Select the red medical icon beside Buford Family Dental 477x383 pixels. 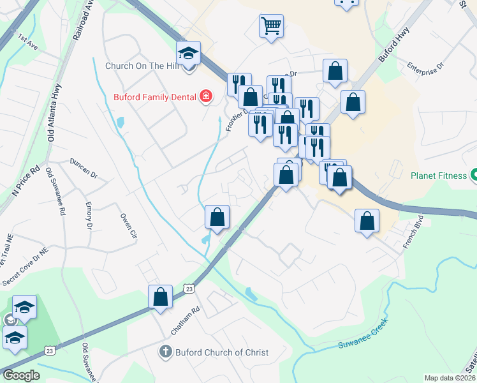coord(206,97)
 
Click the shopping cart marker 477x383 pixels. coord(271,26)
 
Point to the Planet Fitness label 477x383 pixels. coord(439,174)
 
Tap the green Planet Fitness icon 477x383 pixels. coord(474,174)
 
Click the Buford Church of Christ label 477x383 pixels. coord(222,352)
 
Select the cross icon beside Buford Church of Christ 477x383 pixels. coord(166,352)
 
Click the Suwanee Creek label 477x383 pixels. coord(362,336)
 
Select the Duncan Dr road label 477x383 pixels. coord(84,167)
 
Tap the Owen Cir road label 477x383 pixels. coord(129,225)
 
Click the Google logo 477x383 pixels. coord(21,375)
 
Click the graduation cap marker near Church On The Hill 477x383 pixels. coord(189,54)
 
